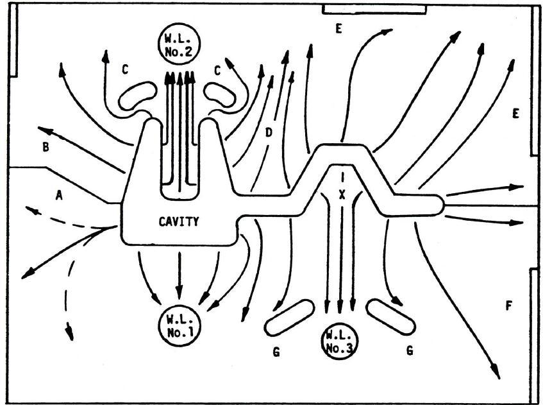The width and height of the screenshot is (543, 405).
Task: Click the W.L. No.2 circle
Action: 171,44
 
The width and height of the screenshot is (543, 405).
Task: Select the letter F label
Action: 508,305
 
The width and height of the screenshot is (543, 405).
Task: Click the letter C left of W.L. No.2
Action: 127,69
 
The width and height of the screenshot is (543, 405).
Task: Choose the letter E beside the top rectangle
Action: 338,28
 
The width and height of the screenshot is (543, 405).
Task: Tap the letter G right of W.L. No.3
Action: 408,350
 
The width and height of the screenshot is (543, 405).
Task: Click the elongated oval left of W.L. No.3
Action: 287,320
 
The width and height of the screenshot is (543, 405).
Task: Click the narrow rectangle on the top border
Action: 374,8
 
